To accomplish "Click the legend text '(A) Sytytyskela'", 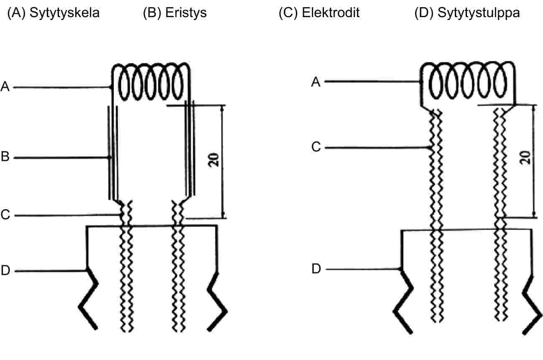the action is click(x=54, y=13).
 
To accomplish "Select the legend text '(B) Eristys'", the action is click(x=175, y=13).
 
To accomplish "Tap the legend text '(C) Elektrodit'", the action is click(x=319, y=13).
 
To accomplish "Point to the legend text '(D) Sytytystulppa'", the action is click(x=467, y=13).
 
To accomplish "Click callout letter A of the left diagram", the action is click(x=5, y=86).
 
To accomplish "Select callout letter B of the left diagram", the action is click(x=5, y=157).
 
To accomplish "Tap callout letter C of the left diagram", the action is click(x=5, y=215).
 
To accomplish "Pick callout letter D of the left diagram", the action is click(x=5, y=270).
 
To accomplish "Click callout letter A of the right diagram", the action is click(x=316, y=82).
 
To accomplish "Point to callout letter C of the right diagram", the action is click(x=316, y=147).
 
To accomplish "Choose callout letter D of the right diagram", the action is click(x=316, y=269).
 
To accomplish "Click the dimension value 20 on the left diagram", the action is click(x=214, y=160).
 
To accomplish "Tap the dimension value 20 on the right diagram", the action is click(x=525, y=158).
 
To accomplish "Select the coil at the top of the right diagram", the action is click(x=468, y=81).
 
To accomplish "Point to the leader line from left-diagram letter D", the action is click(x=51, y=271).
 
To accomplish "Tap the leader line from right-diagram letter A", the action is click(x=372, y=81).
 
